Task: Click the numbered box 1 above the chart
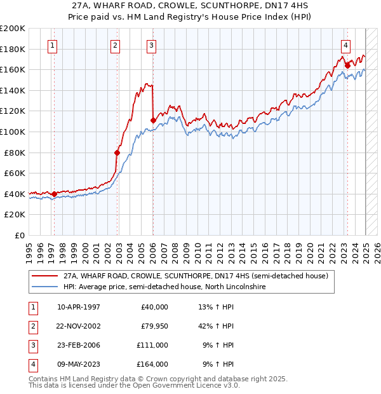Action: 51,45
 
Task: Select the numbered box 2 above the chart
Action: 115,45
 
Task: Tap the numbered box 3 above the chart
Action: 152,45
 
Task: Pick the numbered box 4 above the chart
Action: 345,45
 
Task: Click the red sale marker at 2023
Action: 347,65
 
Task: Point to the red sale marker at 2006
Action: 153,120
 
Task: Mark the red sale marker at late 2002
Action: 117,153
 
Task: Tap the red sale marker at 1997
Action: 54,194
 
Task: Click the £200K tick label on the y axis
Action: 13,28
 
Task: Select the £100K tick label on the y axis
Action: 13,132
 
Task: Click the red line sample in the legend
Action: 44,276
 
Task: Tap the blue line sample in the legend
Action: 44,287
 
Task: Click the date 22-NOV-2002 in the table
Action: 79,326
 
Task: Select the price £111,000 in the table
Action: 152,345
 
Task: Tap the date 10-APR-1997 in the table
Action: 79,307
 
